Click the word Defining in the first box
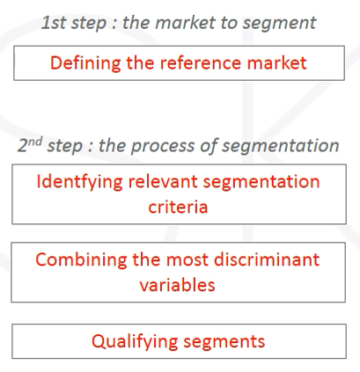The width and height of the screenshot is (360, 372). coord(85,63)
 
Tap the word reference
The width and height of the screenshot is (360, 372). coord(201,62)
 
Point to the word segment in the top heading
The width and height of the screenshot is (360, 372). coord(279,24)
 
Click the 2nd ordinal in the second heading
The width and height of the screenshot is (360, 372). coord(30,144)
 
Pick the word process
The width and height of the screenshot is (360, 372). coord(162,146)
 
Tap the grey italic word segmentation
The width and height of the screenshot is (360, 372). coord(281,146)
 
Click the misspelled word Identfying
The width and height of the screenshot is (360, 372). coord(79,183)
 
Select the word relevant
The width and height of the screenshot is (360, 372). coord(163,182)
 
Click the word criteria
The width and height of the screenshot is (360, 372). coord(178,207)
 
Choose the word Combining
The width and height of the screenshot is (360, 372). coord(81,260)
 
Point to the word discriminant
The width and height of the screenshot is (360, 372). coord(267,259)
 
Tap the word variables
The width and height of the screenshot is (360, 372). coord(177,285)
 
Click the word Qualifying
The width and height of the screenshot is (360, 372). coord(135,342)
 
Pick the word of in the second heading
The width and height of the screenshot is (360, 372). coord(208,146)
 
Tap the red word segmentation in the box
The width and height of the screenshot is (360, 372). coord(261,183)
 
